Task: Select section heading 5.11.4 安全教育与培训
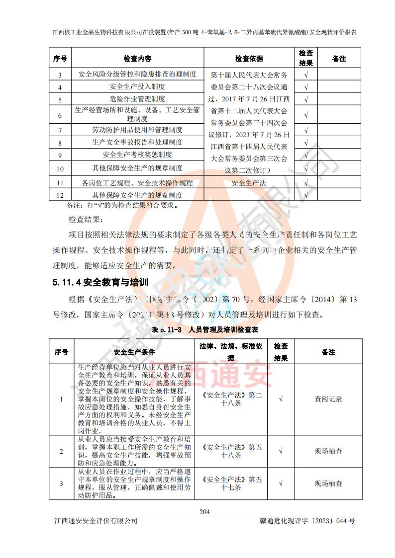tap(100, 283)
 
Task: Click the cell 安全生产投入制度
tap(137, 87)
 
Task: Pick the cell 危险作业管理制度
tap(137, 99)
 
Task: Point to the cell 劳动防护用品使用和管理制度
tap(137, 130)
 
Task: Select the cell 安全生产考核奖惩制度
tap(137, 155)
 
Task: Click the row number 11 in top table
tap(60, 183)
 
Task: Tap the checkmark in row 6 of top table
tap(306, 115)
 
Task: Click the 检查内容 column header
tap(137, 59)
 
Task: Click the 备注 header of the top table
tap(339, 59)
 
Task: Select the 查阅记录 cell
tap(328, 399)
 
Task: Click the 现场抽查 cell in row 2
tap(328, 451)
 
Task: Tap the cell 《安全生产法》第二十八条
tap(232, 399)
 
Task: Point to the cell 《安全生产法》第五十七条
tap(232, 483)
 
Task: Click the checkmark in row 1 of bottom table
tap(281, 399)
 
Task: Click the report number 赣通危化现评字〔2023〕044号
tap(307, 521)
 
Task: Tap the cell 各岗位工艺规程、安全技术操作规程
tap(137, 183)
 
